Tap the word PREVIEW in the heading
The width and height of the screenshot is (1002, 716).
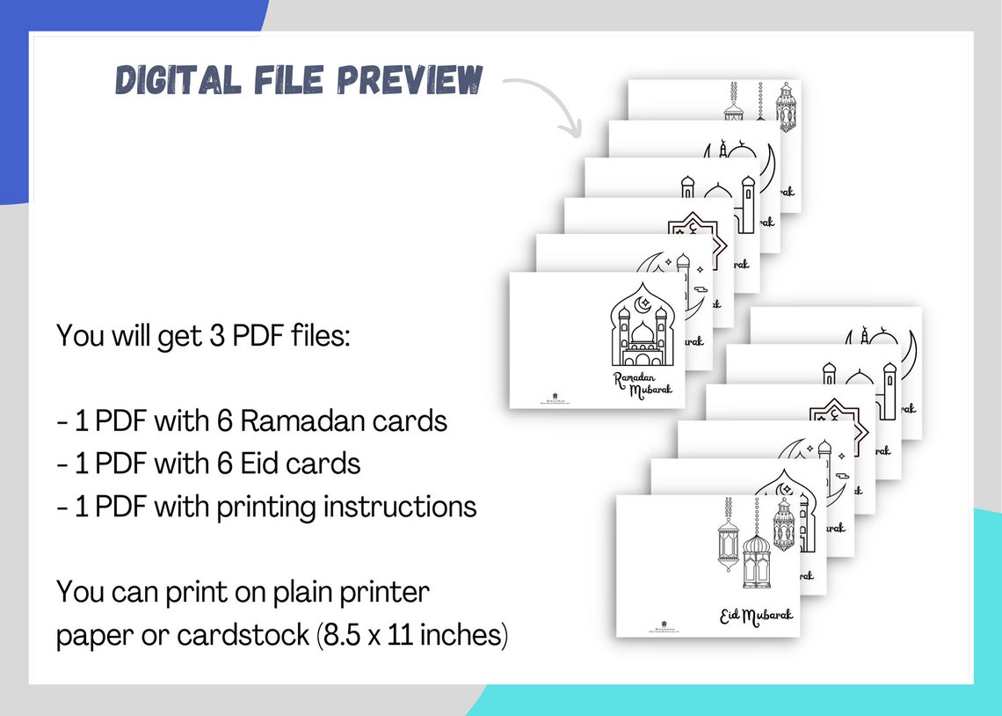click(410, 81)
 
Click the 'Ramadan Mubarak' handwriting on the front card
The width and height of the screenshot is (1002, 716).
click(643, 384)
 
